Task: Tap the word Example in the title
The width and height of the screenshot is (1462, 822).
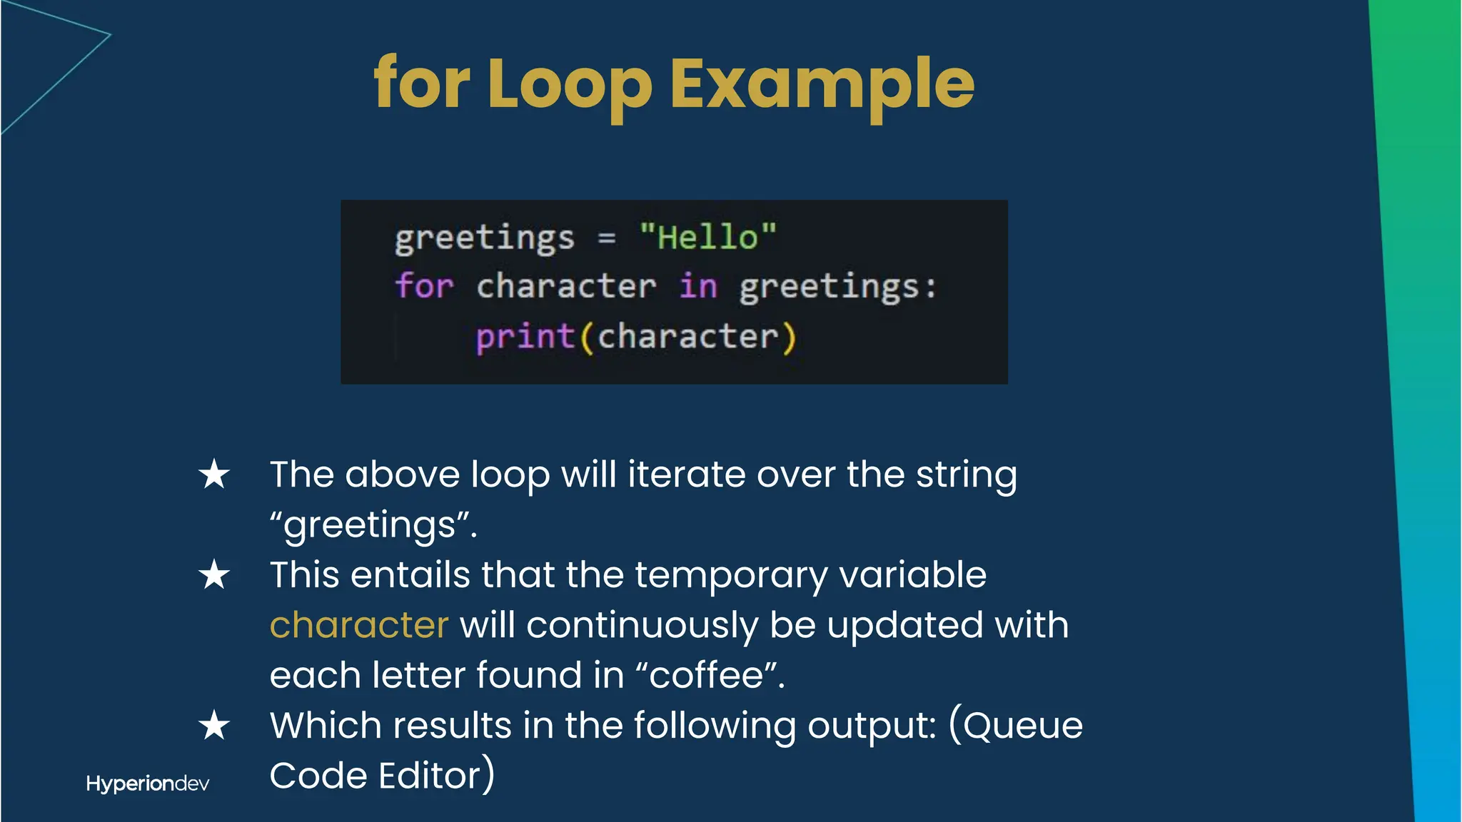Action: [x=822, y=84]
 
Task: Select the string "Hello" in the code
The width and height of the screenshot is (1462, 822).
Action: [x=707, y=237]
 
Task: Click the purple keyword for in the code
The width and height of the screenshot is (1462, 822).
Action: [x=424, y=286]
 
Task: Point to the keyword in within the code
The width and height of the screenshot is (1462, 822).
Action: [x=697, y=286]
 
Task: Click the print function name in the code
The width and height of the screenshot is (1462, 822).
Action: [x=525, y=336]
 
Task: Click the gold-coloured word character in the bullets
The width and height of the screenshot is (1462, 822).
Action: [x=359, y=625]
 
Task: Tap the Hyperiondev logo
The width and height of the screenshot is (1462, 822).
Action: [x=147, y=783]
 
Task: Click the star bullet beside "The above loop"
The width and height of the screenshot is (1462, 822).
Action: [x=214, y=475]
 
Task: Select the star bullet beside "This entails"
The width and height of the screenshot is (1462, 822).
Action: [x=214, y=575]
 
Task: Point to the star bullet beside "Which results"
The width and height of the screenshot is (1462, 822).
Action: [x=214, y=726]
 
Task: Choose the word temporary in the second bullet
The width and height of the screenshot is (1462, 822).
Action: [x=730, y=575]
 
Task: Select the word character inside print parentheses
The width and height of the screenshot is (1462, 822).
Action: [x=687, y=336]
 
